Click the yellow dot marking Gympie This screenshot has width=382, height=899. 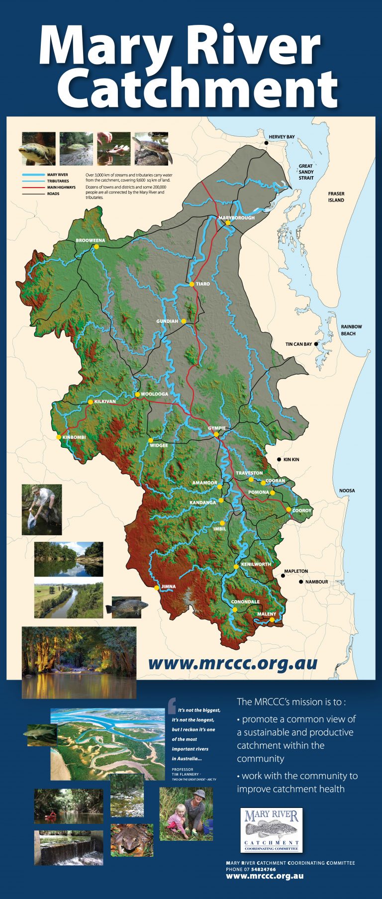(x=216, y=434)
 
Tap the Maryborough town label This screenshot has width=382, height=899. (x=236, y=218)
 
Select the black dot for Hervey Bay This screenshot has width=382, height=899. (x=267, y=143)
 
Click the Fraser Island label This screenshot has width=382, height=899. (x=336, y=197)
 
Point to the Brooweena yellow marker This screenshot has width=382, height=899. (x=96, y=246)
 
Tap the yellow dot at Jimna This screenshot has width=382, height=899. (x=157, y=588)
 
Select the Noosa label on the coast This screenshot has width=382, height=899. (x=347, y=491)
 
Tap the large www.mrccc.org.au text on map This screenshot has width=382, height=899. (x=232, y=663)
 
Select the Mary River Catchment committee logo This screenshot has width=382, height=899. (x=272, y=830)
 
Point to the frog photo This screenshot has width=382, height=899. (x=132, y=840)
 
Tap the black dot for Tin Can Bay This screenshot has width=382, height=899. (x=316, y=344)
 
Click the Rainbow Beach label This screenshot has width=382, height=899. (x=351, y=330)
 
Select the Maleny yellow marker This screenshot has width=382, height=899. (x=272, y=620)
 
